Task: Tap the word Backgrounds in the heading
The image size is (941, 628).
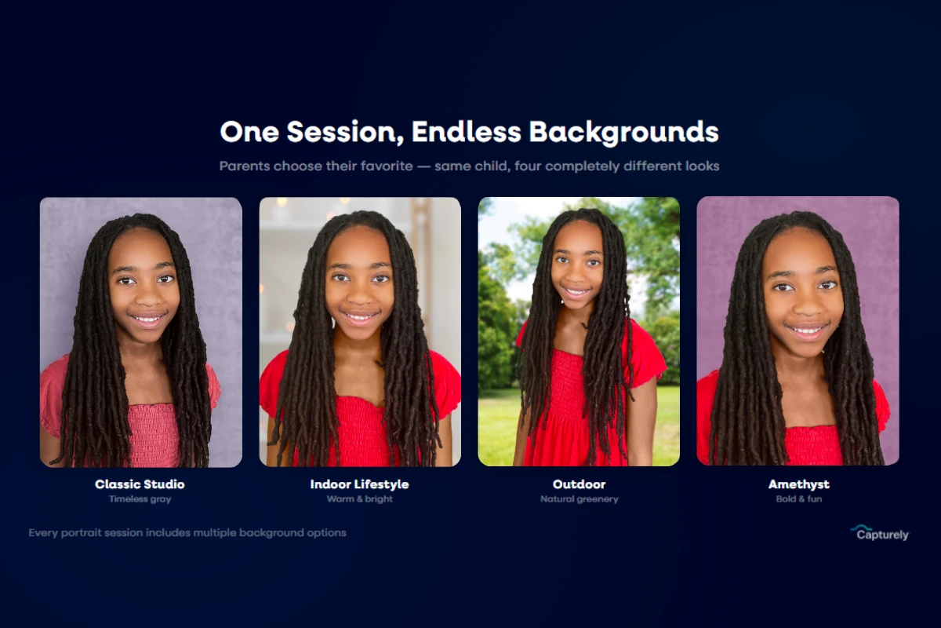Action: click(623, 132)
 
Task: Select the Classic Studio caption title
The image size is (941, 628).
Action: click(140, 484)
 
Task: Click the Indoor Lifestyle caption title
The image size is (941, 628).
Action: click(359, 484)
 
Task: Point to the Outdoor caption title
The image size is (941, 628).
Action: click(579, 484)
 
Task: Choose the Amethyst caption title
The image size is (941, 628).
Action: click(798, 484)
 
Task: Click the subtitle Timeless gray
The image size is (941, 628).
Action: click(140, 499)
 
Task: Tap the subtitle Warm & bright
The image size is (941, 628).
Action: click(359, 499)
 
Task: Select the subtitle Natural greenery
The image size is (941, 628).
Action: click(579, 499)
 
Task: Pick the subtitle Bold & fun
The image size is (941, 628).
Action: click(798, 499)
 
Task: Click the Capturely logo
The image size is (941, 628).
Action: click(880, 534)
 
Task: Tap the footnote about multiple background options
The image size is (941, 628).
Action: click(187, 533)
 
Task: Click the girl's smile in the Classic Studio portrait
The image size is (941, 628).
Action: click(147, 319)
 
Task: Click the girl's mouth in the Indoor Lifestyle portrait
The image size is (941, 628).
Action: click(360, 317)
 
